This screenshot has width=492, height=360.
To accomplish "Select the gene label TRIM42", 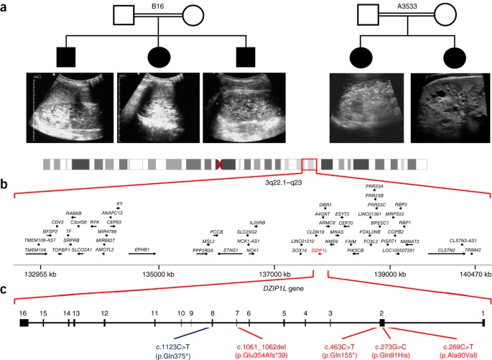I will click(x=472, y=249).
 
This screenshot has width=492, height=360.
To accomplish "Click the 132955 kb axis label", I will click(x=41, y=274).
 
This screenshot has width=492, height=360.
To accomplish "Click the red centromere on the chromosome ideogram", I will click(x=220, y=165).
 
